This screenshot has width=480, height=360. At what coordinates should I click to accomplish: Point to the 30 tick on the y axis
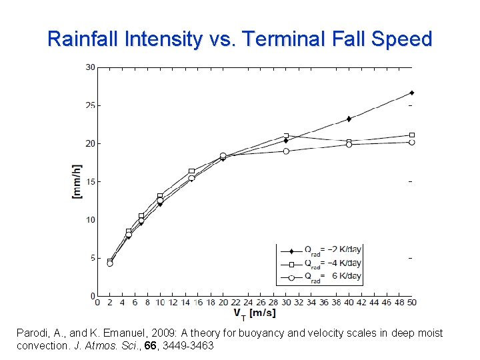89,67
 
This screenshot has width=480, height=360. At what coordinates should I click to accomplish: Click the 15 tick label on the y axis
89,182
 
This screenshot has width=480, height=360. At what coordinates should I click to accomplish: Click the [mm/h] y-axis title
77,182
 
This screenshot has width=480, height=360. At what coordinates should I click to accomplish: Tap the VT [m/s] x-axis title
254,313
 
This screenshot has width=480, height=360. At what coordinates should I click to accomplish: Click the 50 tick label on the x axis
411,303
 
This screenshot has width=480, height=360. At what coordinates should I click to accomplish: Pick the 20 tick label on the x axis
223,303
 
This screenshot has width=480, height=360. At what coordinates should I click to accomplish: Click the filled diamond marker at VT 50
412,93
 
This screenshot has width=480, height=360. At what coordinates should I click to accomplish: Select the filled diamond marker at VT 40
349,119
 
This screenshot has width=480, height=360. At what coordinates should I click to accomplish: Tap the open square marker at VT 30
286,136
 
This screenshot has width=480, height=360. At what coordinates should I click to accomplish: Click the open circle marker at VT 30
286,151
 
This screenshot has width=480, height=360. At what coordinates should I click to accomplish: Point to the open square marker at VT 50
412,135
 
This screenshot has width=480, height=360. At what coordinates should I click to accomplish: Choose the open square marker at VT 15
191,171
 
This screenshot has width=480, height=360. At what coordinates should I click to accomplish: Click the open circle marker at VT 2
110,263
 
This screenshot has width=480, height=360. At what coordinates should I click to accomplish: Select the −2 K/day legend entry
331,250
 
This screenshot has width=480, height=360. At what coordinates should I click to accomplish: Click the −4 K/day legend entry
331,263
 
